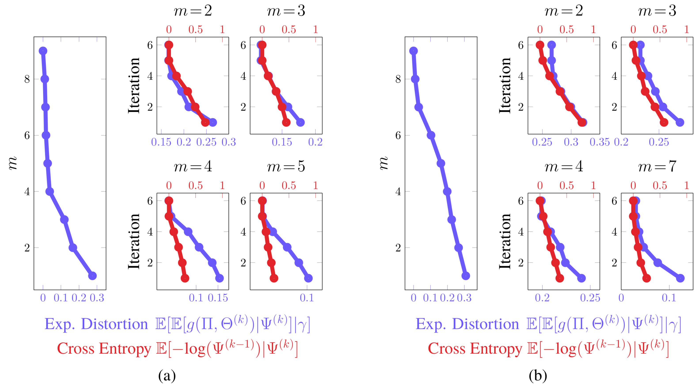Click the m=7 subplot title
coord(657,166)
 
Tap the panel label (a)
coord(167,376)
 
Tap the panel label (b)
coord(538,376)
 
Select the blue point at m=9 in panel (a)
coord(43,51)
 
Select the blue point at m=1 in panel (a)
coord(93,276)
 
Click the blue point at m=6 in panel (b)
coord(431,135)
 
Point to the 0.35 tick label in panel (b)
coord(599,142)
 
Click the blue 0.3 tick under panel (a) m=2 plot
coord(228,142)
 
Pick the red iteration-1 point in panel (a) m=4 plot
coord(185,278)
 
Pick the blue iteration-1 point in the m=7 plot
coord(680,278)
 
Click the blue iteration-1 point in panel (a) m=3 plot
coord(300,122)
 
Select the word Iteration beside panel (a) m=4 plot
coord(134,241)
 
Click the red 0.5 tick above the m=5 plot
coord(289,185)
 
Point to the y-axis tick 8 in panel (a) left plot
coord(27,79)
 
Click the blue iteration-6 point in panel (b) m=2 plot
coord(551,45)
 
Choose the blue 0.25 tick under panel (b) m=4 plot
coord(590,298)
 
